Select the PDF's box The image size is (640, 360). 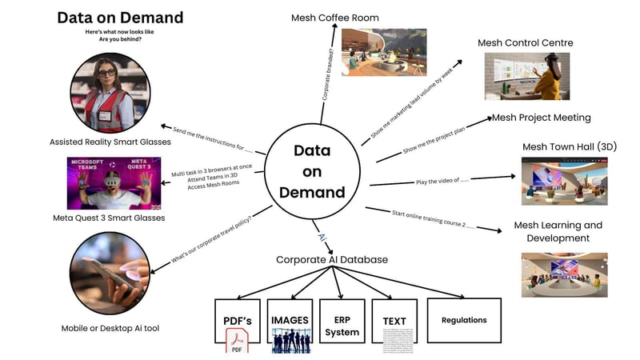coord(237,321)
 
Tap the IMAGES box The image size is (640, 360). coord(289,320)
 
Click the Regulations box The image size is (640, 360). coord(464,320)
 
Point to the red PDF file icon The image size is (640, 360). coord(238,345)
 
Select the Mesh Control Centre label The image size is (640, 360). coord(525,42)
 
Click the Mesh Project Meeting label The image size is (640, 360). coord(541,118)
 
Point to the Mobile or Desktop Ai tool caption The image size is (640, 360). coord(110,328)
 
